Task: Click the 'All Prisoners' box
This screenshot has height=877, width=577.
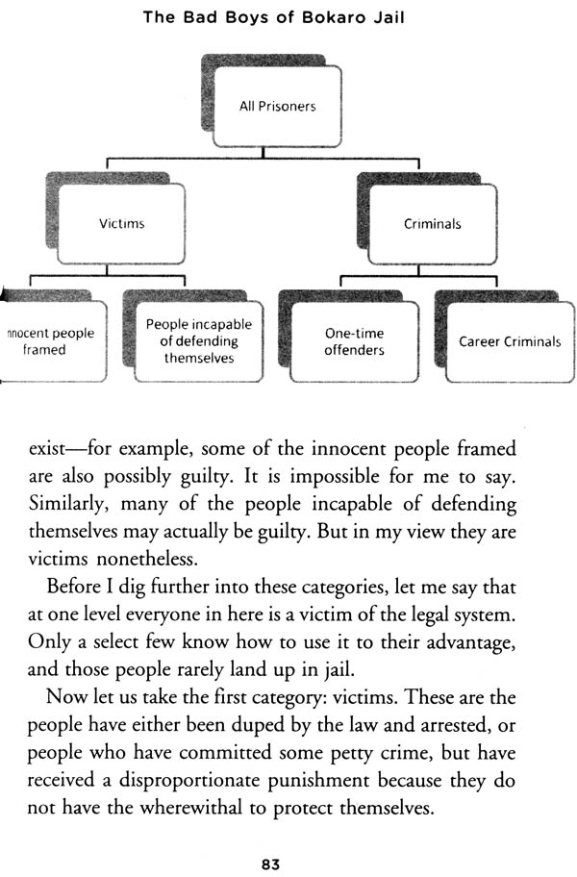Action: (x=278, y=107)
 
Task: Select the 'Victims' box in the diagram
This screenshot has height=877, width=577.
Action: (x=121, y=224)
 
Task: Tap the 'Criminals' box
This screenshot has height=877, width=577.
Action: (x=432, y=224)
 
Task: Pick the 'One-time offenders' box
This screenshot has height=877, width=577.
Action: (x=355, y=341)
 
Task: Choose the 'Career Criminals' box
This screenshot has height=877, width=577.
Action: (x=510, y=341)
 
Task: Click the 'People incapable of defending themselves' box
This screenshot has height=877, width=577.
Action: (x=199, y=341)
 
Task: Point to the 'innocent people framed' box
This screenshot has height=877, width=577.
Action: (x=53, y=341)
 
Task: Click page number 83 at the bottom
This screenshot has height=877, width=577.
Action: (x=270, y=864)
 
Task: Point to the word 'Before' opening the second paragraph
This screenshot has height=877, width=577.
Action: (x=73, y=587)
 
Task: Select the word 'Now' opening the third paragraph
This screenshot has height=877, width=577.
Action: (x=63, y=697)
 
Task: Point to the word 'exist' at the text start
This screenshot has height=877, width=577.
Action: (x=47, y=450)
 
